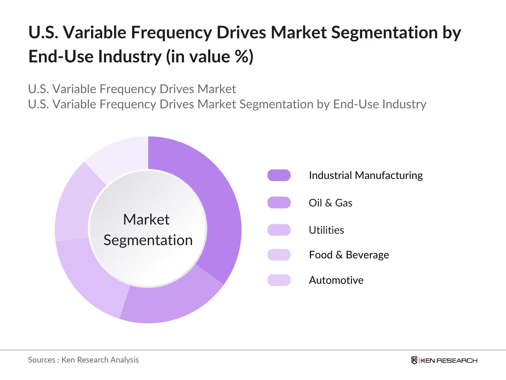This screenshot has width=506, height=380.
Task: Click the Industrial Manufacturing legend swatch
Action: [279, 175]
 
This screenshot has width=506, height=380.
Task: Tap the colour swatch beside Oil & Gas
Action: [279, 203]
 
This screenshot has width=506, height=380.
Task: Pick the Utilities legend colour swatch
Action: [279, 230]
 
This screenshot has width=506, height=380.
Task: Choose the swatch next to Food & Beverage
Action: [279, 255]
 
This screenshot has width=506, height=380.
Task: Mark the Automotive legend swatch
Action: [279, 280]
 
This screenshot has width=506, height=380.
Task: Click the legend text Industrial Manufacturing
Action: [366, 175]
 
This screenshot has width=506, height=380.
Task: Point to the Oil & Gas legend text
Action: [330, 203]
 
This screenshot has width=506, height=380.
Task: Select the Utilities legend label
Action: [326, 230]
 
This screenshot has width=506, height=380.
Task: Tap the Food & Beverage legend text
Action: [349, 255]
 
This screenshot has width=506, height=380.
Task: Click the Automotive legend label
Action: [336, 280]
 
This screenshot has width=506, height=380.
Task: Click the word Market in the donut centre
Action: [146, 219]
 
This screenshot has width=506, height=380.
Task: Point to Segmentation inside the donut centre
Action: [148, 240]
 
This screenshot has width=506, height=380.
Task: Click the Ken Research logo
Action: [444, 360]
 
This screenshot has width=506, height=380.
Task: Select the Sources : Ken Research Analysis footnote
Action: [83, 360]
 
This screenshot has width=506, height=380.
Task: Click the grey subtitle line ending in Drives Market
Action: [132, 89]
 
